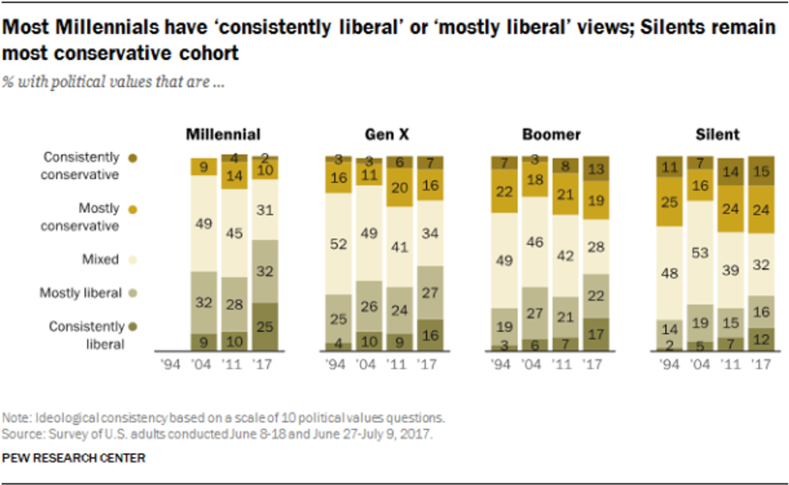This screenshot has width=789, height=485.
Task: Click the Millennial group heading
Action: point(223,135)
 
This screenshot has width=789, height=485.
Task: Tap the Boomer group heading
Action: point(551,135)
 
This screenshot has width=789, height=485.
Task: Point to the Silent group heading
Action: point(718,135)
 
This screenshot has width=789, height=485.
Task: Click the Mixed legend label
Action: point(101,259)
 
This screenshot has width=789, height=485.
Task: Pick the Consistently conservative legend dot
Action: point(133,158)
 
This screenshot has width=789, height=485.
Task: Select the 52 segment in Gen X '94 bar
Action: point(339,244)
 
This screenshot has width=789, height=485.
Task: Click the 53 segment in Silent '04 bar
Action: point(699,252)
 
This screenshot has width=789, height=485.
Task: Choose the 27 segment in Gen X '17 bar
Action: point(431,292)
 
